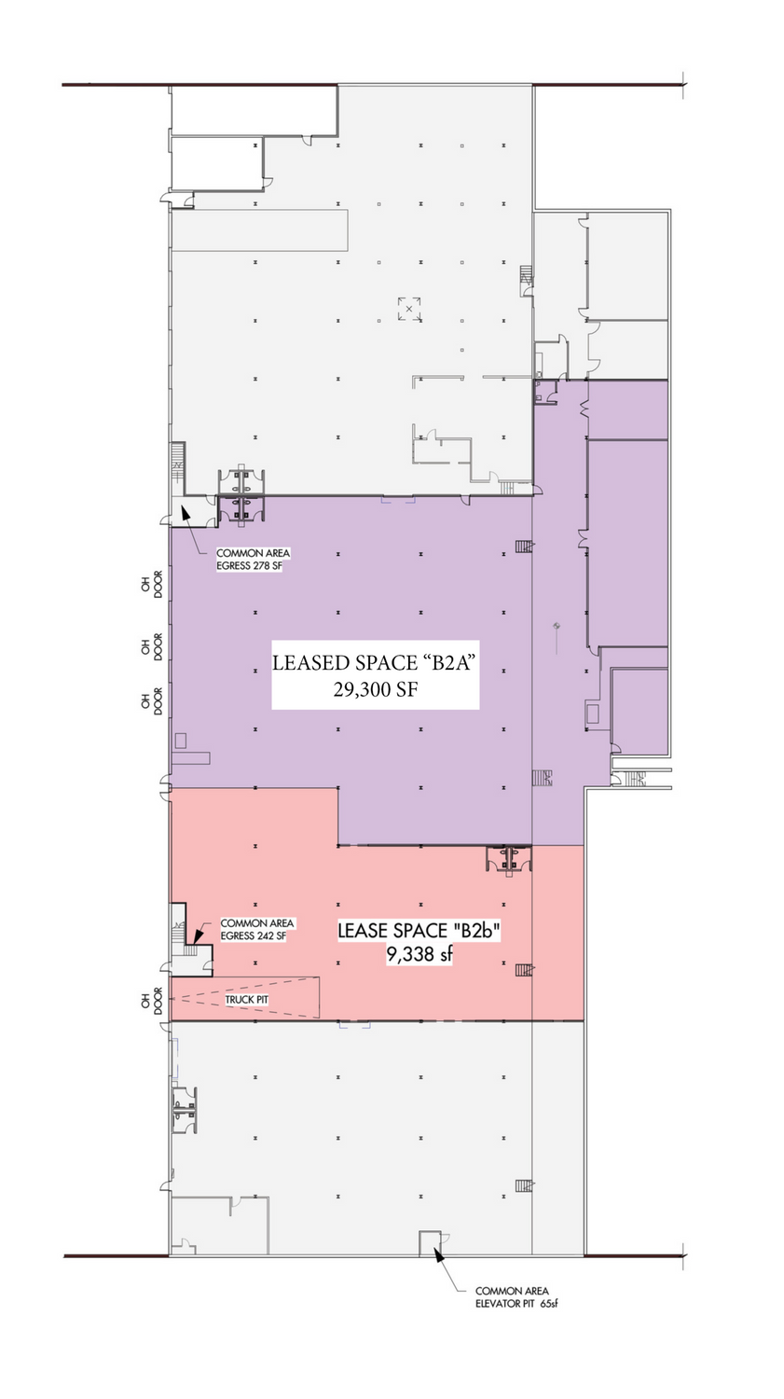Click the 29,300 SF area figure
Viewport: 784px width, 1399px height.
[375, 689]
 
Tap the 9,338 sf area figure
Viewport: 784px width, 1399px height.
[420, 954]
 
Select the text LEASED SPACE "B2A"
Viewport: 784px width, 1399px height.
[375, 662]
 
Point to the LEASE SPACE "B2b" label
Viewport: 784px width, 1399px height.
[420, 931]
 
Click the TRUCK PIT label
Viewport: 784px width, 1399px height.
[246, 999]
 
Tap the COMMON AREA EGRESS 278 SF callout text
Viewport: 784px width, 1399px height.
[253, 560]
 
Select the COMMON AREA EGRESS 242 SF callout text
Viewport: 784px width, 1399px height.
[256, 929]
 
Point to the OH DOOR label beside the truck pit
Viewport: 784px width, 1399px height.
[152, 1001]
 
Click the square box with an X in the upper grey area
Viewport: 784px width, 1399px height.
[409, 309]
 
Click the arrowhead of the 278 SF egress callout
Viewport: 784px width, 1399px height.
[185, 512]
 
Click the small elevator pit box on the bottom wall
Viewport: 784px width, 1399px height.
[430, 1243]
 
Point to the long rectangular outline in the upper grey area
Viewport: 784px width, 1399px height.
[260, 230]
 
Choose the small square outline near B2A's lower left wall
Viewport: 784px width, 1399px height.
[181, 741]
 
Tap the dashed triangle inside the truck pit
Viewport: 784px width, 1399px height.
[243, 999]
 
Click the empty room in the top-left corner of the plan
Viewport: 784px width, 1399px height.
[254, 111]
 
